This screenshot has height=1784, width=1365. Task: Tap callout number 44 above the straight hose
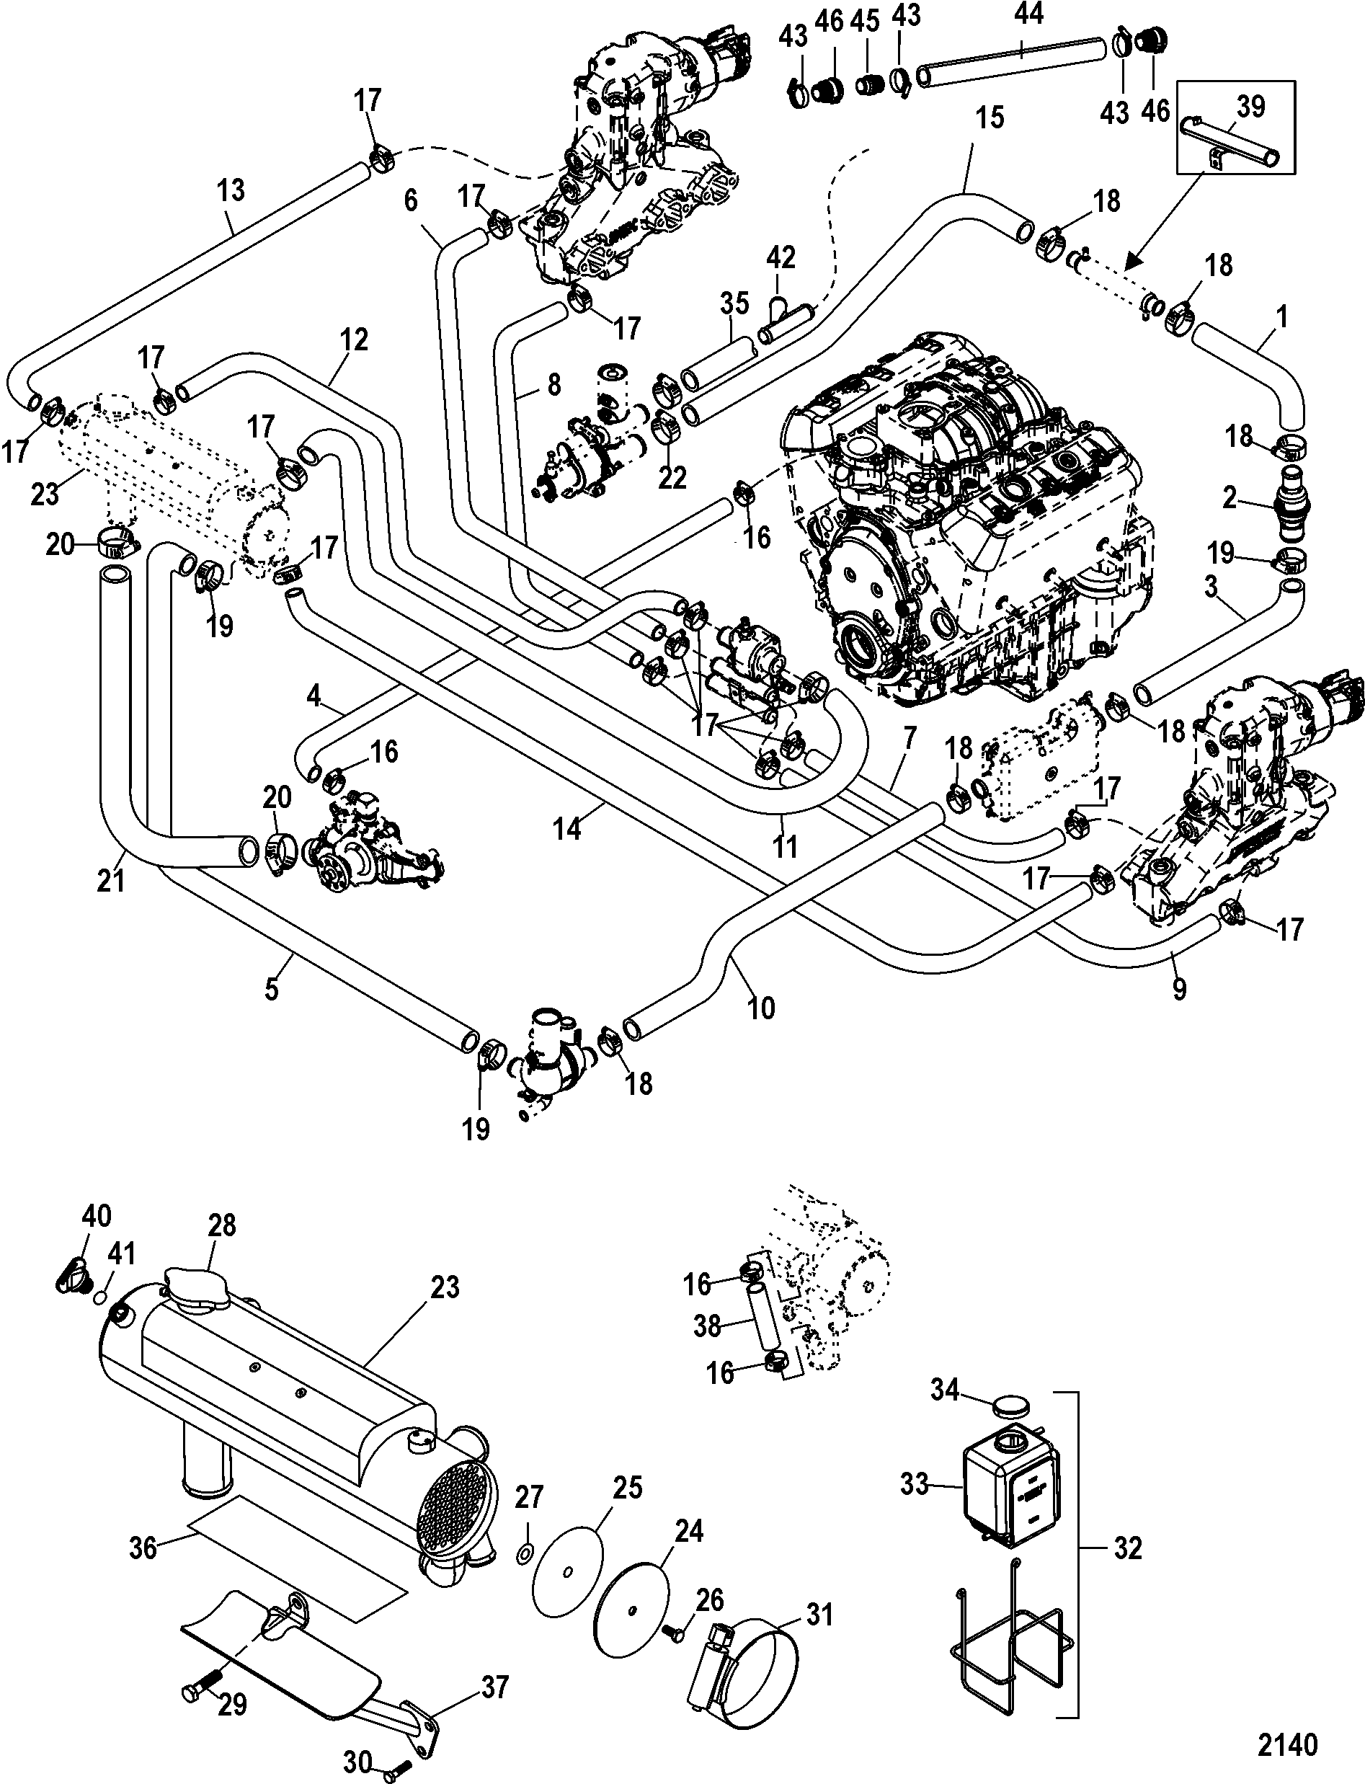coord(1028,14)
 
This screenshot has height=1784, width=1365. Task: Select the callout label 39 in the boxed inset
coord(1250,107)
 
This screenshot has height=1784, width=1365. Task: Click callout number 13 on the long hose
coord(231,191)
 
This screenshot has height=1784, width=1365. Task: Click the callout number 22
coord(672,477)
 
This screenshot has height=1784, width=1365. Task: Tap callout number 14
coord(567,829)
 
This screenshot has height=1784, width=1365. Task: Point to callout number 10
coord(761,1008)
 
